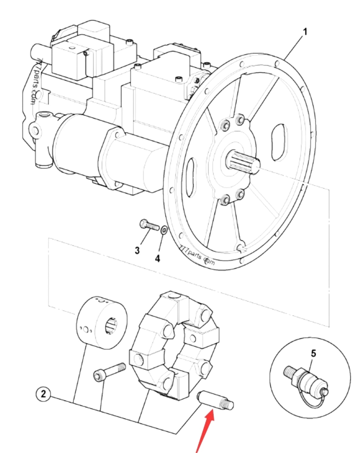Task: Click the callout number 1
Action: point(305,32)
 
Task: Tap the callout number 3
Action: point(137,250)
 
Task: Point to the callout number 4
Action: point(157,258)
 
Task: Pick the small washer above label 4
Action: point(164,230)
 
